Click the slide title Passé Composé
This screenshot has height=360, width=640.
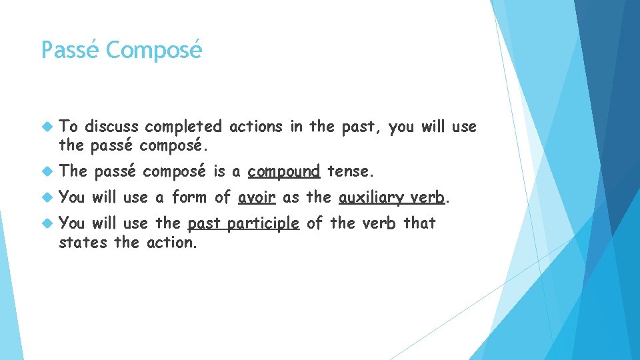pyautogui.click(x=121, y=50)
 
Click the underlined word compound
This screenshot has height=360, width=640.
pyautogui.click(x=284, y=171)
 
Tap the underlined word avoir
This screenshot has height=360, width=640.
pyautogui.click(x=257, y=197)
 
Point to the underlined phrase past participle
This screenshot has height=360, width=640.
pyautogui.click(x=243, y=223)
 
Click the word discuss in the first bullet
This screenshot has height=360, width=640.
pyautogui.click(x=111, y=127)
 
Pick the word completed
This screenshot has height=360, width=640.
pyautogui.click(x=183, y=127)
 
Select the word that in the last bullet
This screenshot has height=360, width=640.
pyautogui.click(x=419, y=223)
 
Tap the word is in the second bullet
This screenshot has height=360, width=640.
pyautogui.click(x=219, y=171)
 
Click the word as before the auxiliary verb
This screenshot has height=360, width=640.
pyautogui.click(x=291, y=197)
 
